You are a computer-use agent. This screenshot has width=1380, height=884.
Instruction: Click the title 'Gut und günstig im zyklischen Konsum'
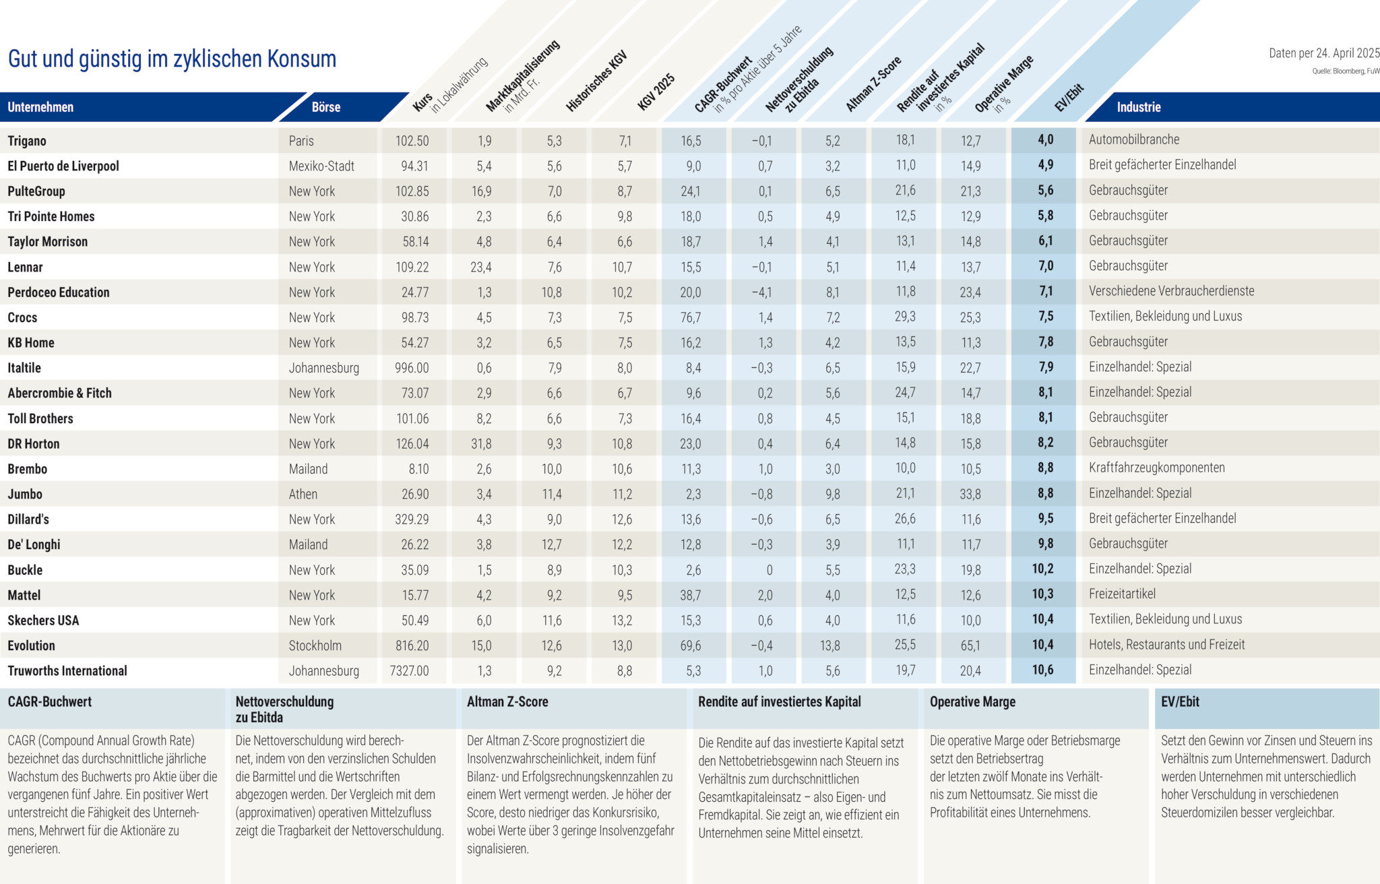tap(172, 59)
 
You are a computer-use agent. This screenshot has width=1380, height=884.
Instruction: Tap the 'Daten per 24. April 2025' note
tap(1323, 53)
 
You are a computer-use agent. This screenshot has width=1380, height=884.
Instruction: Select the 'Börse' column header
tap(326, 107)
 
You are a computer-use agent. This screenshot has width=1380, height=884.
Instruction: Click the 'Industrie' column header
tap(1138, 107)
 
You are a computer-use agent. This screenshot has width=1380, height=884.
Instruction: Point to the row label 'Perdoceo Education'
tap(59, 292)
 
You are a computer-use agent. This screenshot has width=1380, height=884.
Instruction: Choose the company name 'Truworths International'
tap(67, 671)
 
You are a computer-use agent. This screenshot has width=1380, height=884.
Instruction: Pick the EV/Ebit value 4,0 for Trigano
tap(1045, 140)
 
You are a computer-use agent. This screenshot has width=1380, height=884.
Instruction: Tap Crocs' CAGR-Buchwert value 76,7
tap(691, 317)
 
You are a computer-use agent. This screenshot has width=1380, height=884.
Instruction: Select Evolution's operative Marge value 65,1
tap(970, 645)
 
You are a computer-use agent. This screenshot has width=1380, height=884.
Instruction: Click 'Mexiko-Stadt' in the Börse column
tap(321, 166)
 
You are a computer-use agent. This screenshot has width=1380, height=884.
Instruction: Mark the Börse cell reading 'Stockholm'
tap(315, 645)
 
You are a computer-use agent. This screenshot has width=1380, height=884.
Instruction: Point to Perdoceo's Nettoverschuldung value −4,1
tap(762, 292)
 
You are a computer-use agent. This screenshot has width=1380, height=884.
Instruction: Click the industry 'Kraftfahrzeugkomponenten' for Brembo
tap(1156, 468)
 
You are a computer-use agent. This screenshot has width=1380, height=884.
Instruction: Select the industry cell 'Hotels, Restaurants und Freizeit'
tap(1166, 645)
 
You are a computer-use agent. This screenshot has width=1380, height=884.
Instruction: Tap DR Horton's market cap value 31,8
tap(481, 444)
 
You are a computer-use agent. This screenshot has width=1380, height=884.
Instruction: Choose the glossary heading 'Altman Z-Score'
tap(507, 701)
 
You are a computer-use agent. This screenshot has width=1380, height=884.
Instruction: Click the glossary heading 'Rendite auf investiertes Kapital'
tap(779, 701)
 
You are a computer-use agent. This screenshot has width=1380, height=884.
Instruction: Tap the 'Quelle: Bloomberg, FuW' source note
tap(1345, 71)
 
